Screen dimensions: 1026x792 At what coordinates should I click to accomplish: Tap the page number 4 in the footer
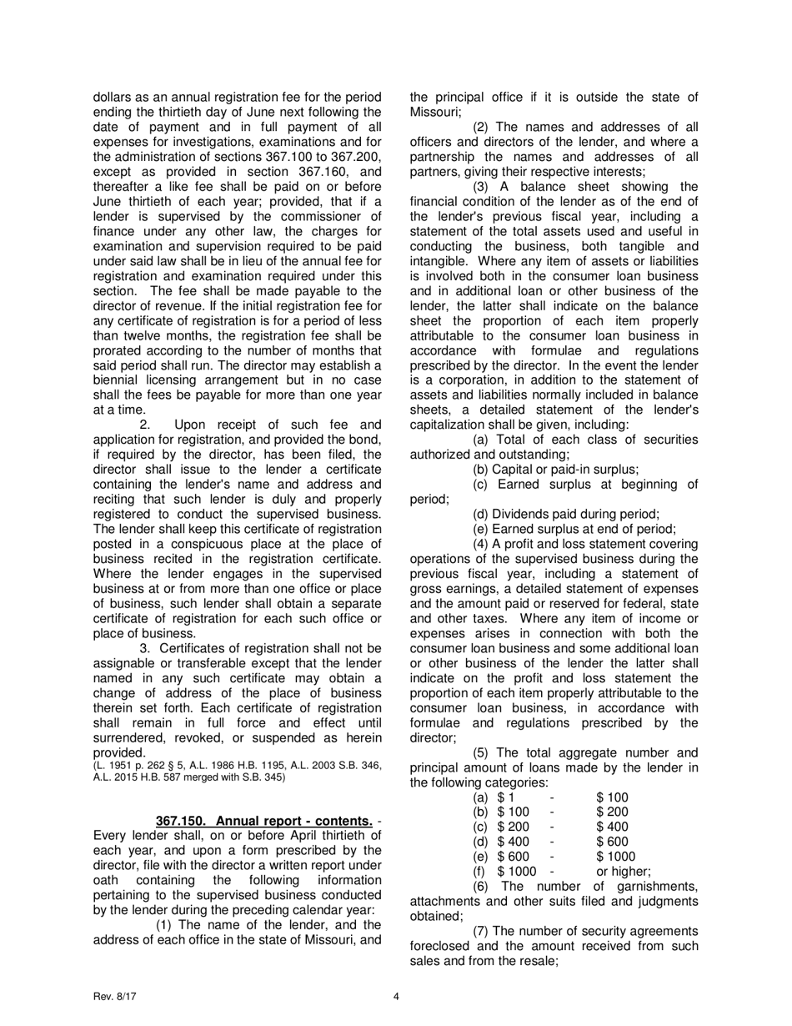point(396,995)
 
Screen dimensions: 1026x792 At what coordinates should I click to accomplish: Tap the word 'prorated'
point(118,351)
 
